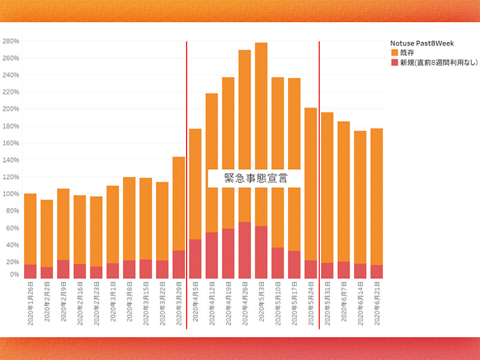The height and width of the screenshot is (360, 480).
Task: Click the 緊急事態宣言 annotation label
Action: click(x=255, y=178)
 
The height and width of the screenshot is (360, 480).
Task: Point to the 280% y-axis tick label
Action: click(x=11, y=41)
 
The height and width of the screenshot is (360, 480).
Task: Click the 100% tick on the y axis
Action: click(x=11, y=194)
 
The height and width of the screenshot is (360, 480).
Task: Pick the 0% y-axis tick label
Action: click(x=14, y=274)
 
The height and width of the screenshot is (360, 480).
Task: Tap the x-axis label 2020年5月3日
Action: click(x=262, y=307)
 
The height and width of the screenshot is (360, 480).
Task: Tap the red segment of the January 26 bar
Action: click(x=31, y=271)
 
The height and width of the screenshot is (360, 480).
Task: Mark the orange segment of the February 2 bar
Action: click(x=47, y=234)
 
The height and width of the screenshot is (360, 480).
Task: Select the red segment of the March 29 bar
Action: click(x=179, y=264)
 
